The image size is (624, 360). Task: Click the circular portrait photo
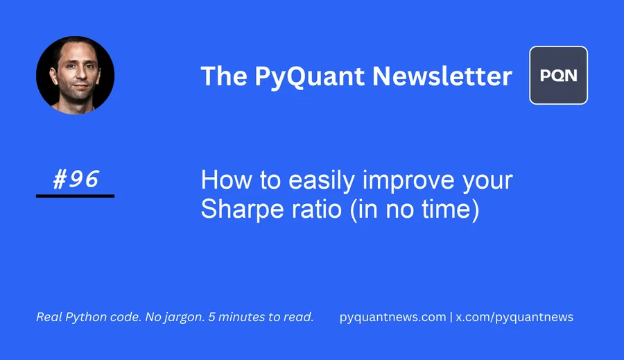[75, 76]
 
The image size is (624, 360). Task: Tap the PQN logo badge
[558, 76]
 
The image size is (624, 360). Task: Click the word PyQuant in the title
[309, 76]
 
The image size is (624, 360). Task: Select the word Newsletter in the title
[442, 76]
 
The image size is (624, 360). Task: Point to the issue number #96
[75, 179]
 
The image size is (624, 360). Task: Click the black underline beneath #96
[75, 196]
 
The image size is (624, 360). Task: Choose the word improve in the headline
[408, 181]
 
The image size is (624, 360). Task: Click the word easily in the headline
[322, 181]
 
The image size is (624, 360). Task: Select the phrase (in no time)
[415, 209]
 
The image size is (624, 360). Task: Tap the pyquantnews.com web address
[393, 317]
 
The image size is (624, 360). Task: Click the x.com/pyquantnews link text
[514, 317]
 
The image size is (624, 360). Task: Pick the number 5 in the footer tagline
[211, 317]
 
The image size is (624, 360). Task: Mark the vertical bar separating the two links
[451, 317]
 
